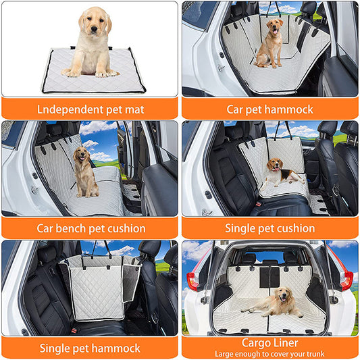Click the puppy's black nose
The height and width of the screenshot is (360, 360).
(x=94, y=29)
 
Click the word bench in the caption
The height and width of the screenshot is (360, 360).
(x=71, y=228)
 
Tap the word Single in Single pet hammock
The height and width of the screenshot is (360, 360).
(x=55, y=349)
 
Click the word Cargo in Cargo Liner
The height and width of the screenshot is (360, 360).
(x=255, y=343)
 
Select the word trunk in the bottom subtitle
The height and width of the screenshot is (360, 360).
(x=315, y=354)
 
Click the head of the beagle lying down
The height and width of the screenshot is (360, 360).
(x=275, y=165)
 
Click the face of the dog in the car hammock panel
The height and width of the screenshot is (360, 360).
(x=275, y=26)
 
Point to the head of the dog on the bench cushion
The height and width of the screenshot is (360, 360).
(x=82, y=154)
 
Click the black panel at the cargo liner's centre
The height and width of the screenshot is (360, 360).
(x=269, y=277)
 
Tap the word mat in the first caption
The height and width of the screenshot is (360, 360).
(x=134, y=109)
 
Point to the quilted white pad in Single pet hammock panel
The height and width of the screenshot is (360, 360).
(x=97, y=293)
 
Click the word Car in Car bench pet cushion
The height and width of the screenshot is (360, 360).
(x=45, y=228)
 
